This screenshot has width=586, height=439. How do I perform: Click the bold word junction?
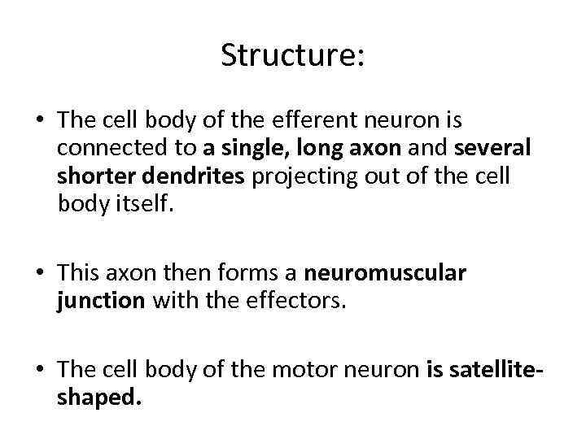coord(100,302)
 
